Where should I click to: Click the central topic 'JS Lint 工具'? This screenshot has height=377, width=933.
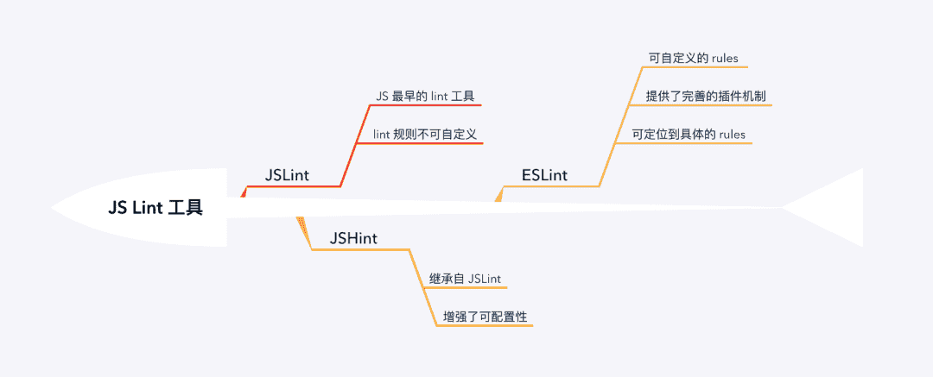155,208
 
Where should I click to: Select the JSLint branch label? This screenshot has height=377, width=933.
287,175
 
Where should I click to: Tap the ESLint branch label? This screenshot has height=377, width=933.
544,175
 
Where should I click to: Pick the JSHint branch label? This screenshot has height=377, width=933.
353,238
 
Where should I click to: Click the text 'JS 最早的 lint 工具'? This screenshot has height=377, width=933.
425,95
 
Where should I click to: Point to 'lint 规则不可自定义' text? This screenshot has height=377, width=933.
425,134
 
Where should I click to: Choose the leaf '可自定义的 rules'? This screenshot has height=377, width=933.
693,59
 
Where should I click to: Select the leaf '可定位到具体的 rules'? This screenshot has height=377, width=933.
689,134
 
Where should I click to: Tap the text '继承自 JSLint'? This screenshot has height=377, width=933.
466,279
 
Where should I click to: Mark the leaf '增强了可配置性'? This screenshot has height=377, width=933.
485,317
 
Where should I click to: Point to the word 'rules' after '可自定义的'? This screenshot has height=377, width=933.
724,59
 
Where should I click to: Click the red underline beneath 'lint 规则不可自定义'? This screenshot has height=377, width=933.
419,144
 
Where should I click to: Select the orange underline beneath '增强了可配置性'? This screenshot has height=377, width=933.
484,326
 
